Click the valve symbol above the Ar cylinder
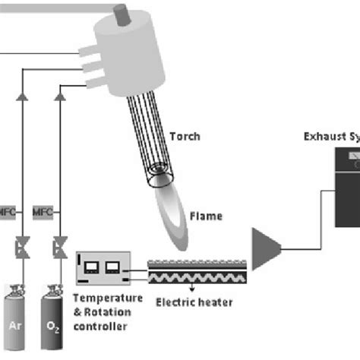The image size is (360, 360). click(22, 248)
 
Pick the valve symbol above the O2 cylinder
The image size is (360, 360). click(58, 248)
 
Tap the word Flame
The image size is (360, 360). click(207, 216)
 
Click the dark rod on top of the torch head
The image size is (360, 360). click(121, 13)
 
